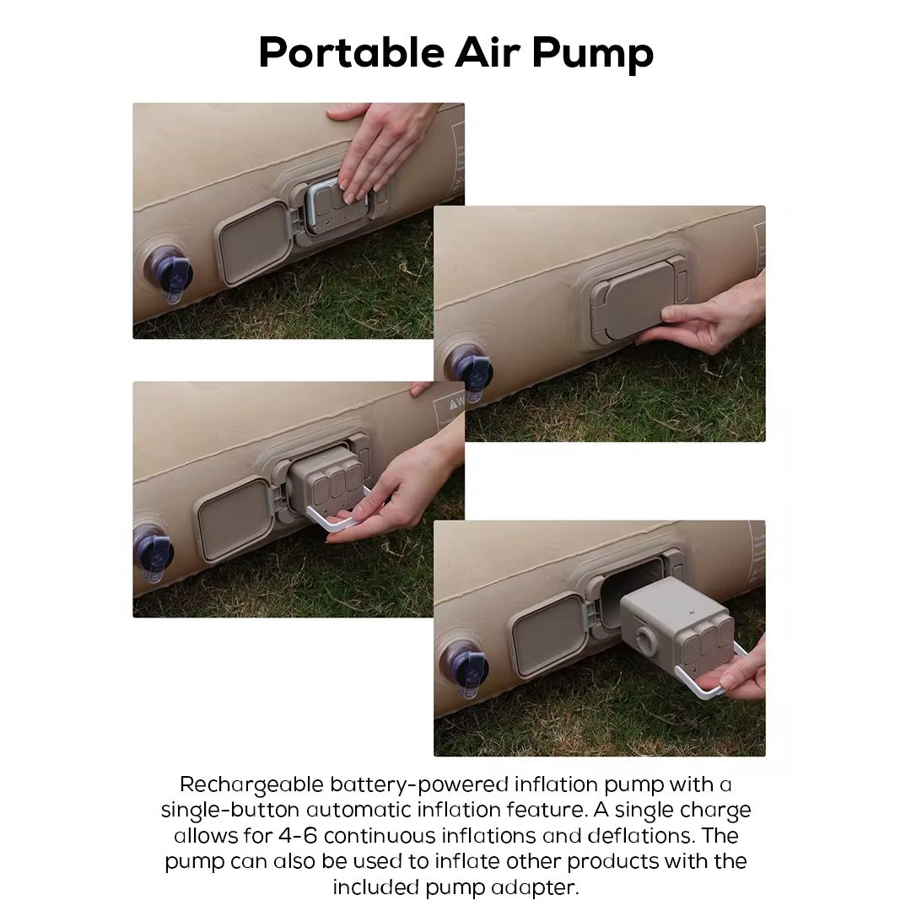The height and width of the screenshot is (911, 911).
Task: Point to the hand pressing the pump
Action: [378, 143]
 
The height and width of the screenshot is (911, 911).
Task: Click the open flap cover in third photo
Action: [234, 516]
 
